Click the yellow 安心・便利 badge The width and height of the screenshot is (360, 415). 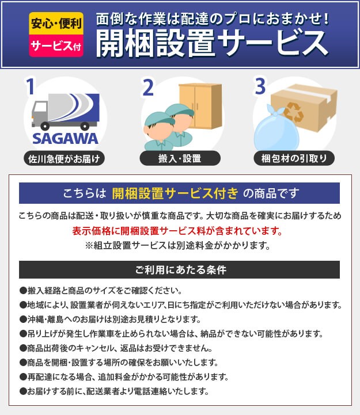[x=56, y=23]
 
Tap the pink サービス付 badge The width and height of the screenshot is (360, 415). [x=56, y=46]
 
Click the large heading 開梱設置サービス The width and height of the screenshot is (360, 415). [x=212, y=43]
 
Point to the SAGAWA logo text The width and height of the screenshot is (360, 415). [x=65, y=139]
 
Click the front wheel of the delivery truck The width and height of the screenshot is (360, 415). [x=45, y=126]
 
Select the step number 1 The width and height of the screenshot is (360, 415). [x=30, y=86]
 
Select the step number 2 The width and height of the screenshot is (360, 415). [x=148, y=87]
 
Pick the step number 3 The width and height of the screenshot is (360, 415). [x=260, y=86]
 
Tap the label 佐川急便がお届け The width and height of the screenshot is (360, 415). [x=64, y=159]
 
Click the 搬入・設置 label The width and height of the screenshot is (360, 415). [x=180, y=158]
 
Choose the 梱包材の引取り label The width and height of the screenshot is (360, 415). [x=294, y=158]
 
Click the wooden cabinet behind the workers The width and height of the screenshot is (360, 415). [x=200, y=105]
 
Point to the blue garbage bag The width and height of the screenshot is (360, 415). [x=276, y=129]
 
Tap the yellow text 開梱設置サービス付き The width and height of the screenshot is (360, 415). [x=175, y=193]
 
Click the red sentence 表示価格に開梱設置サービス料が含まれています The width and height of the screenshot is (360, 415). [x=177, y=231]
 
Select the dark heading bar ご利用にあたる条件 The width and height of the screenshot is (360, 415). [x=179, y=270]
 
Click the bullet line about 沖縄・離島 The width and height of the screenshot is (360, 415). [x=110, y=319]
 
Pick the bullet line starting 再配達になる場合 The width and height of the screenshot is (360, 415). [x=124, y=376]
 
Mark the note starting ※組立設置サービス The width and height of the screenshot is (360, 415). [x=177, y=246]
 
